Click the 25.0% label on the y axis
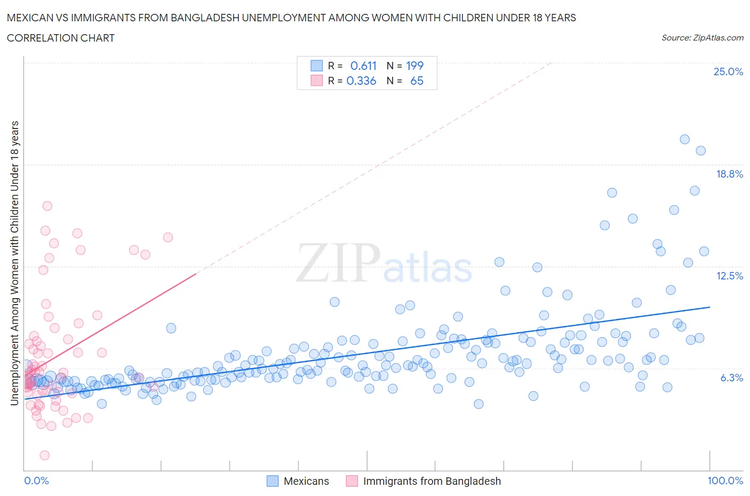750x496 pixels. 728,71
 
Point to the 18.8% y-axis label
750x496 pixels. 729,174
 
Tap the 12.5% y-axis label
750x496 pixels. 729,276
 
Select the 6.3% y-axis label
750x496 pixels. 731,378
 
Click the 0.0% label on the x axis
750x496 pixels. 36,481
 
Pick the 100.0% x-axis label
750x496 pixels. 725,481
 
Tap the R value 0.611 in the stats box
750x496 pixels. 363,66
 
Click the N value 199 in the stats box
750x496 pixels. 414,66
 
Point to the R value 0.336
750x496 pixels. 361,81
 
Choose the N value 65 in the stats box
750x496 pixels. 417,81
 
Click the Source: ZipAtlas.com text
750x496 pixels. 702,37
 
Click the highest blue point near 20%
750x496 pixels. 685,139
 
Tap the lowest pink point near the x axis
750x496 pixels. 45,455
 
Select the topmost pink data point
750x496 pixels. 47,206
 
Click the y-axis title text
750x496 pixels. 15,263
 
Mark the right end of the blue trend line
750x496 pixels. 710,307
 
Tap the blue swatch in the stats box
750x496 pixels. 316,66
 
